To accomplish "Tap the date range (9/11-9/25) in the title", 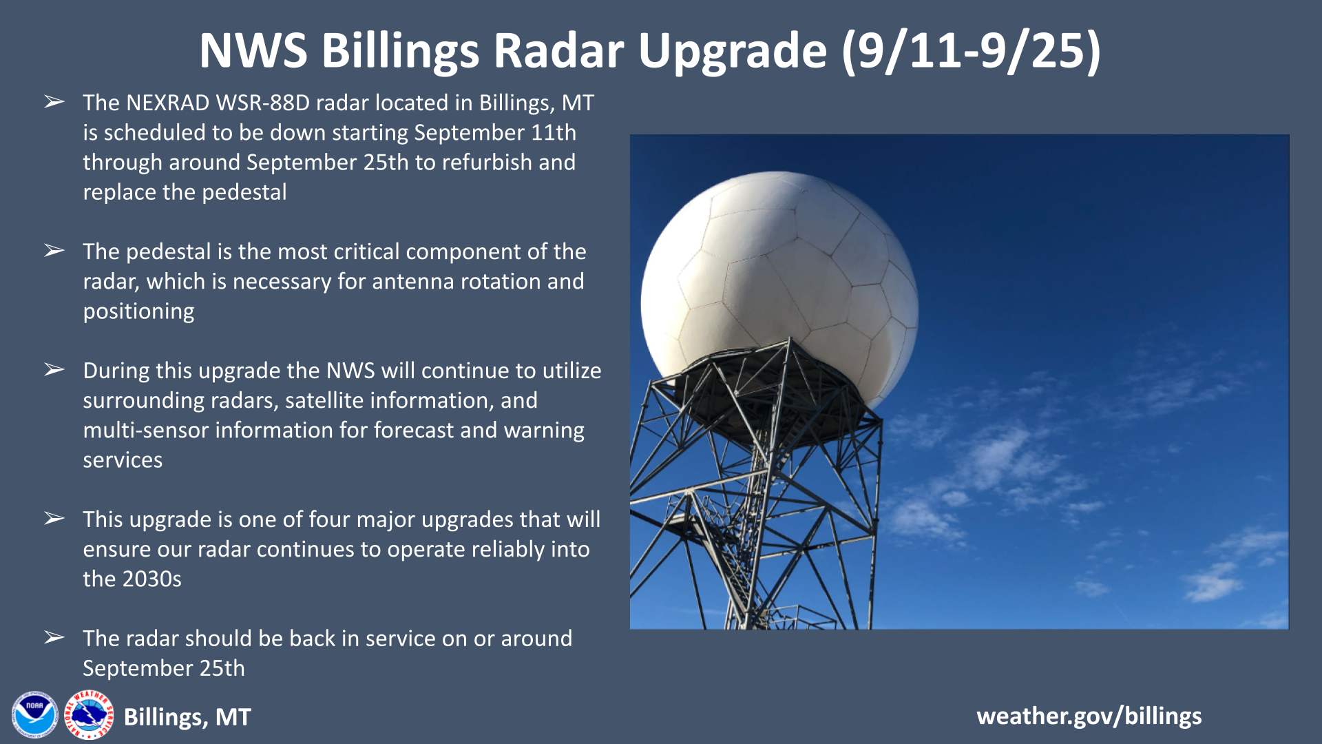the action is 972,51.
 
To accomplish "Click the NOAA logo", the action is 34,715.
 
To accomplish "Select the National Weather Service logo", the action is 89,715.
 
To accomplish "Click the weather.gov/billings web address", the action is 1089,716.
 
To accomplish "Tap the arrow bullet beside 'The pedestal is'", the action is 54,251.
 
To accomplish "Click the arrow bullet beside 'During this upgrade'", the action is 54,370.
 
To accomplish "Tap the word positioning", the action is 138,311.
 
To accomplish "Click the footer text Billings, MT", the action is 187,717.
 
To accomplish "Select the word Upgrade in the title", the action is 733,52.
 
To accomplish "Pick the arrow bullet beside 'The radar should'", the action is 54,638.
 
